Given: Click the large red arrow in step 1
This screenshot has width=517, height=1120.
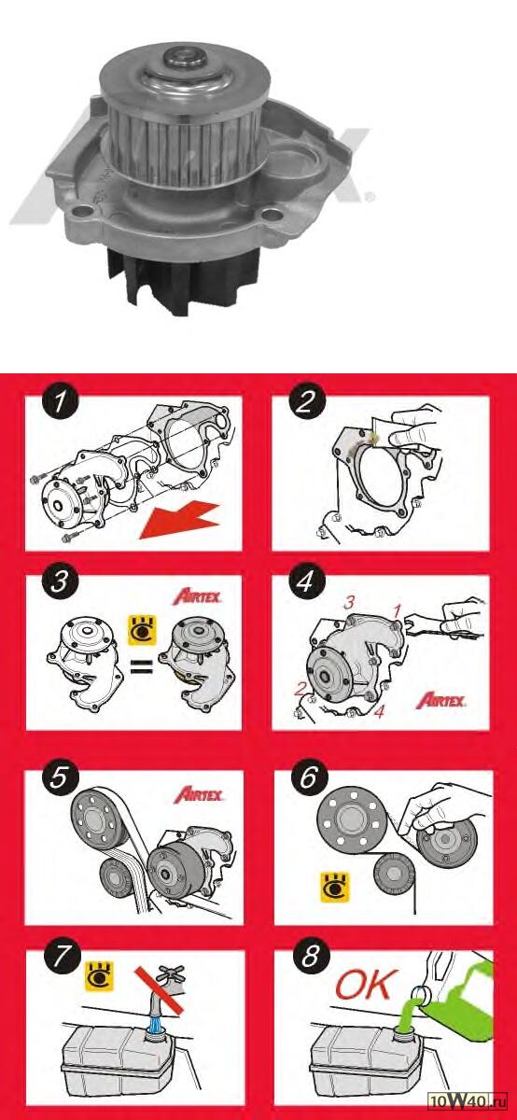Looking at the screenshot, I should point(182,519).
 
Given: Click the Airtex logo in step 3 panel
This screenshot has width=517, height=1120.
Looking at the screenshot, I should point(196,595).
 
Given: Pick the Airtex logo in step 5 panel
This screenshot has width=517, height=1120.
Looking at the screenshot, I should point(196,794).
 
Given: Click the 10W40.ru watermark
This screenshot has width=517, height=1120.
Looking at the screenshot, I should point(471,1102).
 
